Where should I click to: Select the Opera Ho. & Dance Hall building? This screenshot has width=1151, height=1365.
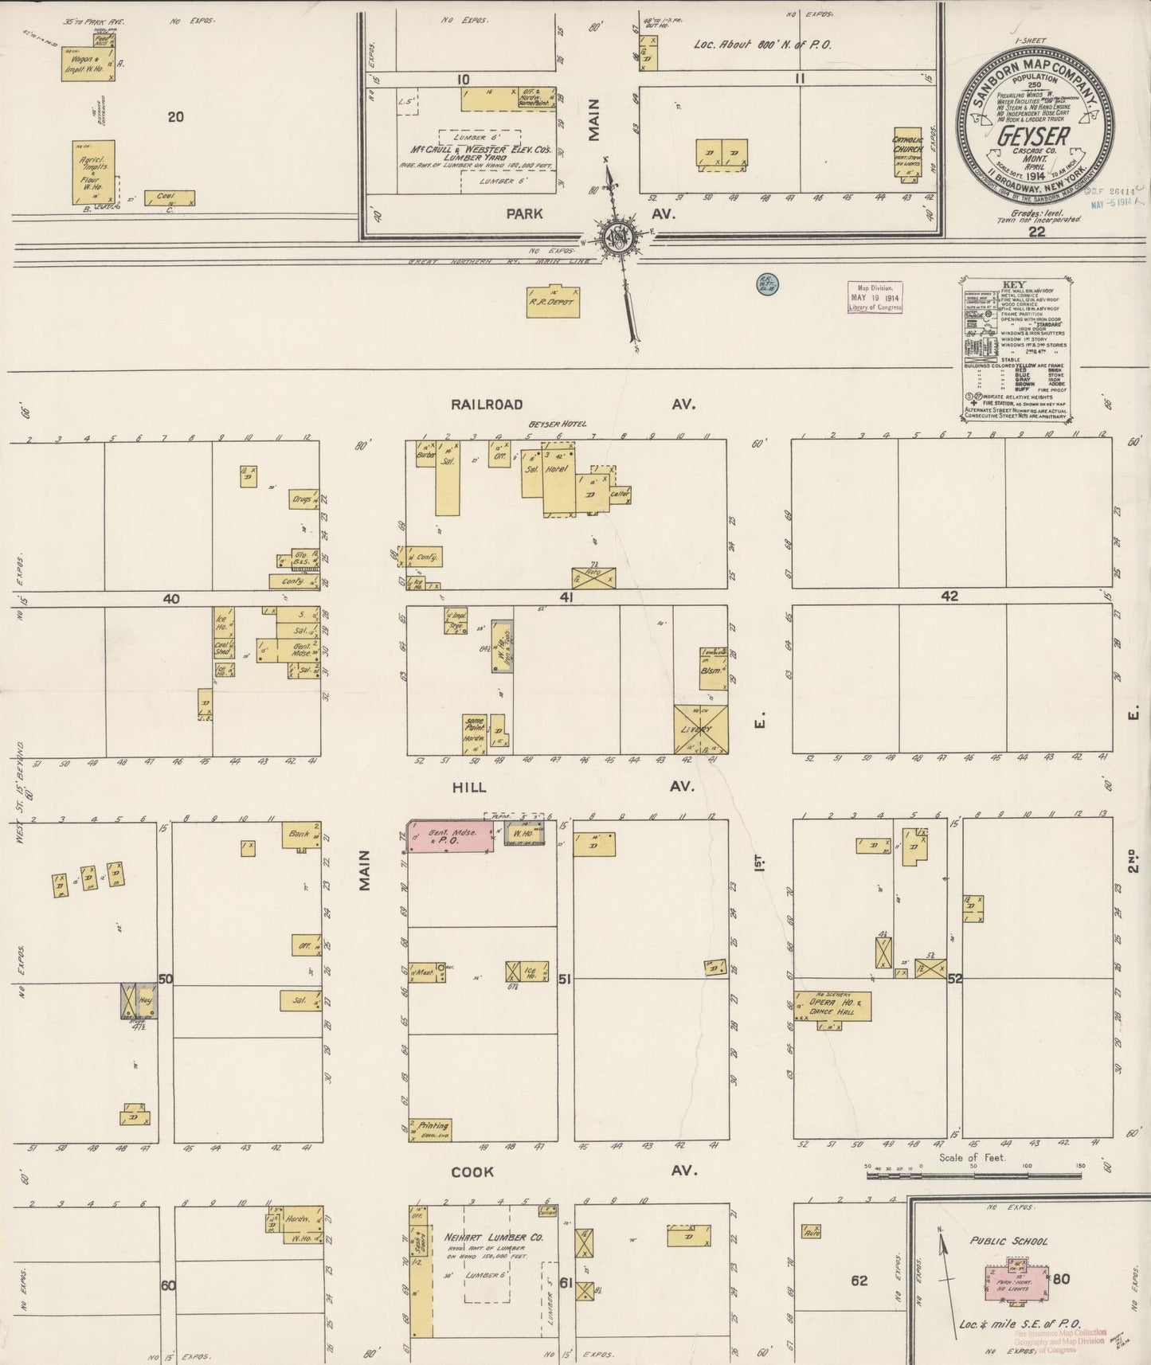pos(833,1007)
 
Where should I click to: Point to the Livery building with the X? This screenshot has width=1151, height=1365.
pos(700,729)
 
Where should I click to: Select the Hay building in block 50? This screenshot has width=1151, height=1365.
pos(139,1001)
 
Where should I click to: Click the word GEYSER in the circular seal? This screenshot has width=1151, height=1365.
pos(1034,137)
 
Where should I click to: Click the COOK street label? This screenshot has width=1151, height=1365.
pos(472,1171)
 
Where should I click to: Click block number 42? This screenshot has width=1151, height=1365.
pos(949,596)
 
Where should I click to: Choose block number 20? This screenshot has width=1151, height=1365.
pos(175,117)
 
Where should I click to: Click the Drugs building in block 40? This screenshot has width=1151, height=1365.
pos(303,499)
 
